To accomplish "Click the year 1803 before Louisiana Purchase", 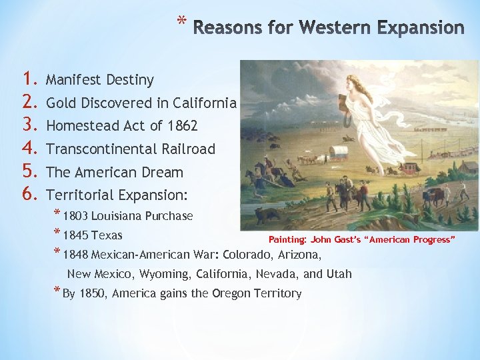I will [x=76, y=216].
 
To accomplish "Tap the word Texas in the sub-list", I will [x=107, y=235].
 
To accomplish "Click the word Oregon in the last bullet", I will [x=230, y=293].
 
